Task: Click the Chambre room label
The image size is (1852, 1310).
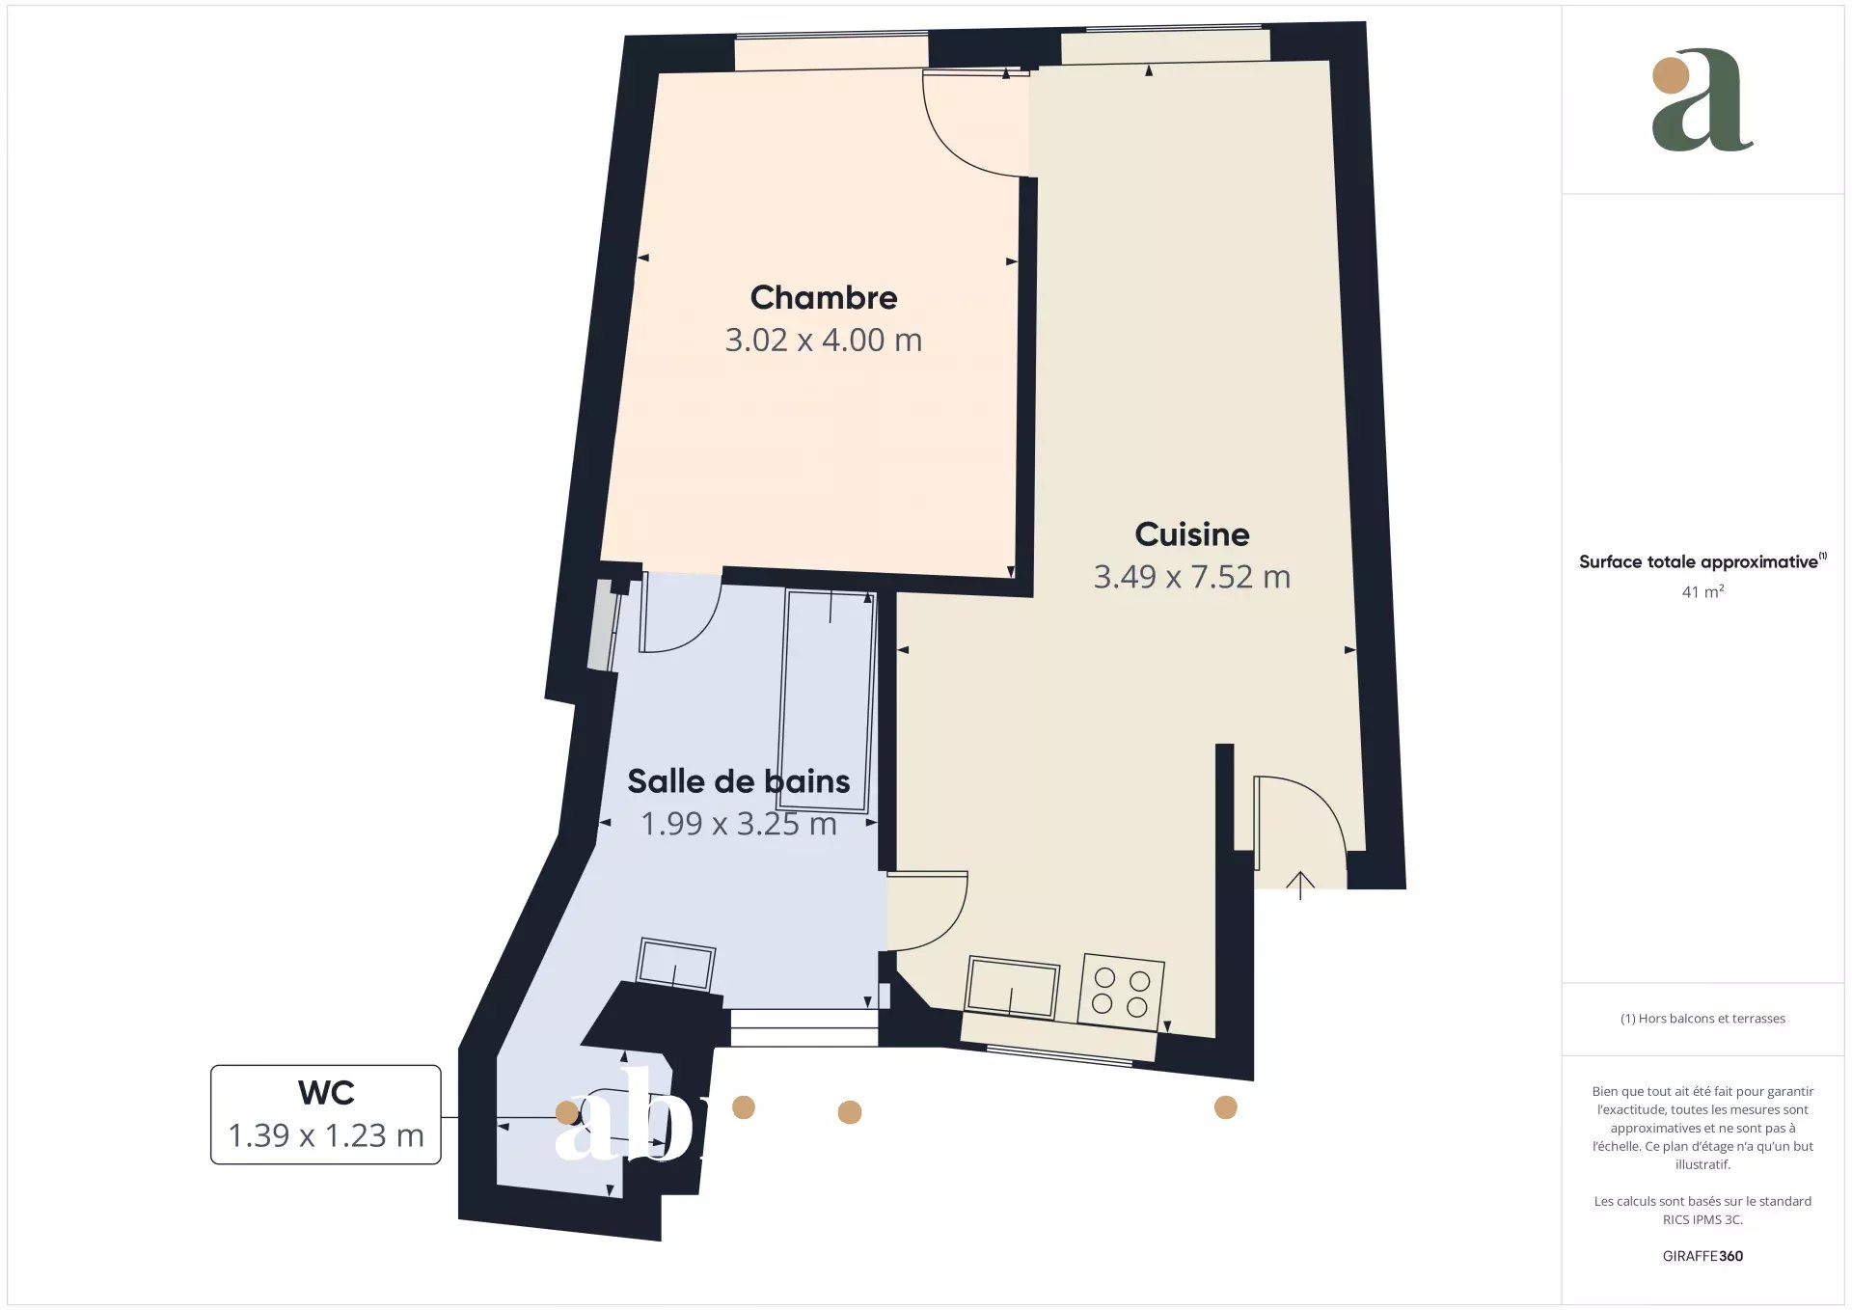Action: pos(824,297)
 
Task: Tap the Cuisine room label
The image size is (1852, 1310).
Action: pos(1192,533)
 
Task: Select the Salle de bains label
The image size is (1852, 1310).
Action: pos(739,780)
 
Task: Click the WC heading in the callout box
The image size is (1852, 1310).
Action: pos(326,1093)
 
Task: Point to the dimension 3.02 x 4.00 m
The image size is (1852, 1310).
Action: pos(824,340)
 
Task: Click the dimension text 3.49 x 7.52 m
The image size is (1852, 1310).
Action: pos(1192,577)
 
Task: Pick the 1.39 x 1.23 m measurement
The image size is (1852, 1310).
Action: pos(326,1135)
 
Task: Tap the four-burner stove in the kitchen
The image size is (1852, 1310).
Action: pos(1121,991)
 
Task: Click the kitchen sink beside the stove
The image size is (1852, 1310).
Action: pos(1012,987)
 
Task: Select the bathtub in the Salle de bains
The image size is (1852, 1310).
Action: pos(828,701)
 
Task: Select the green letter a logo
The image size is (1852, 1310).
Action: pos(1702,100)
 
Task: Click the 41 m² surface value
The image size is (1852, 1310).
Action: pos(1702,591)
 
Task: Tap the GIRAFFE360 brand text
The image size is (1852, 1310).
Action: pos(1702,1256)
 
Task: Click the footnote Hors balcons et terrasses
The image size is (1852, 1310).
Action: pos(1702,1019)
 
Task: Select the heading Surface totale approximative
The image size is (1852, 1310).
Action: pos(1699,561)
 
